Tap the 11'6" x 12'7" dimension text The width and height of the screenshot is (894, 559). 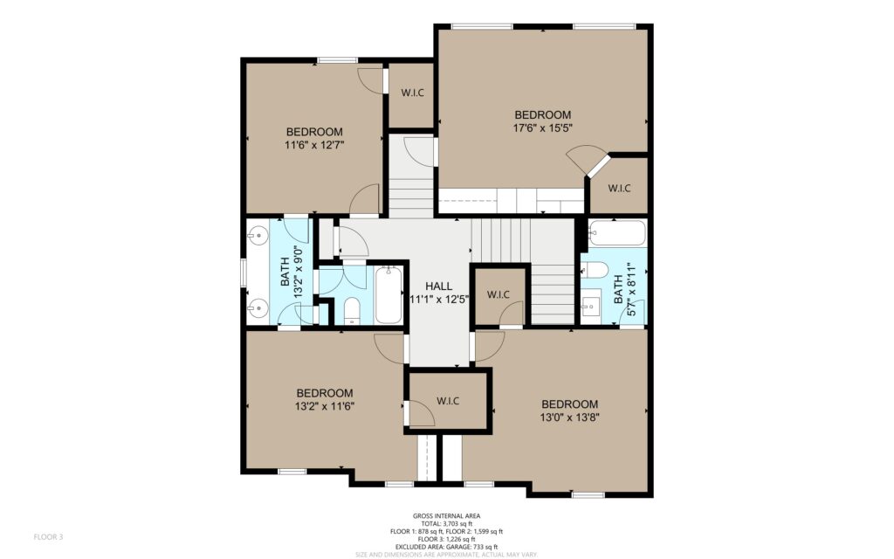[314, 146]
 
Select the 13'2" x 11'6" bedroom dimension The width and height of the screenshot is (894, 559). [325, 407]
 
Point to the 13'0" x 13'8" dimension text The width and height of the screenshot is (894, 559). [569, 418]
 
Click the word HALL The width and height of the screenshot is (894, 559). [438, 286]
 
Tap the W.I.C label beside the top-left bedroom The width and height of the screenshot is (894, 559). [412, 93]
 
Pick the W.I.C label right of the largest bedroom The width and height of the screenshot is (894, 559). [619, 189]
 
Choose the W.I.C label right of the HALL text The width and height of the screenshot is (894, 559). [499, 295]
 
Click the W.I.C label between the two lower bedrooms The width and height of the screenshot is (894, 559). [448, 401]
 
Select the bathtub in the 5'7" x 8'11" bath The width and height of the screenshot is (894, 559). [617, 233]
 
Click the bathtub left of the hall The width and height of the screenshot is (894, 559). [389, 295]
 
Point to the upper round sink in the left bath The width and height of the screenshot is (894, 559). [258, 234]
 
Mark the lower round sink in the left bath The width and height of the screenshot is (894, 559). [258, 308]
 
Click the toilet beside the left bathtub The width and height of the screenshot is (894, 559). [352, 311]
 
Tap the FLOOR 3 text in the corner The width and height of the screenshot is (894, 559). [49, 537]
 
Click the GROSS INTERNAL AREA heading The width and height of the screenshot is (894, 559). [446, 516]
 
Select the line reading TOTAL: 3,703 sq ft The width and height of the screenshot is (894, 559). [446, 524]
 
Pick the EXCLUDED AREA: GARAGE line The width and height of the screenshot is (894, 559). [446, 547]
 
